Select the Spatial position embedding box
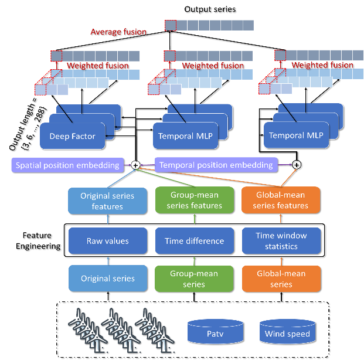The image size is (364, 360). coord(67,165)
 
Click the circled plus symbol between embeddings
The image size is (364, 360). coord(135,165)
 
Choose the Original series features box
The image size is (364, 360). coord(107,201)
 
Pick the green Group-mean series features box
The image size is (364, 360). coord(194,200)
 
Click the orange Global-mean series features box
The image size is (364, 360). coord(281,200)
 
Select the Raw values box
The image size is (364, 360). coord(107,240)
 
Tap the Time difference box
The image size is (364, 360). coord(194,240)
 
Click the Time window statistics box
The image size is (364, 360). coord(281,240)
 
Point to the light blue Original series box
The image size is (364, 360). coord(107,279)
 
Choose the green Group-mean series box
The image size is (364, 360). coord(194,279)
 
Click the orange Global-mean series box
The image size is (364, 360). coord(281,279)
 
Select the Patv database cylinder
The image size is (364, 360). coord(215,332)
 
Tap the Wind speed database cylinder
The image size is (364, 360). coord(287,332)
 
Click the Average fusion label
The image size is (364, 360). coord(118,32)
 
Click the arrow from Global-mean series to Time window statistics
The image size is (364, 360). coord(281,259)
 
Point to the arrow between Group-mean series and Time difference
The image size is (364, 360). coord(194,259)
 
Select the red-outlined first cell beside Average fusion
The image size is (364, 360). coord(170,25)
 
